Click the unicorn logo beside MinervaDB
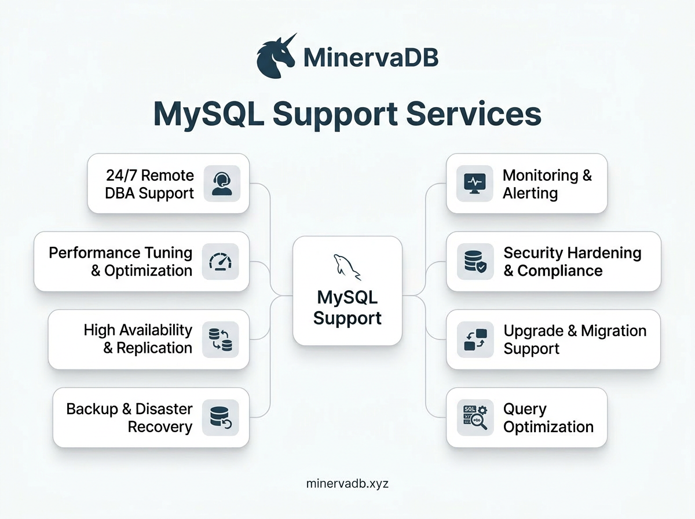[276, 56]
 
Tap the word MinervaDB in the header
[371, 58]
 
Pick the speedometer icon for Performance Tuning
[220, 262]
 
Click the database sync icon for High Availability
[220, 339]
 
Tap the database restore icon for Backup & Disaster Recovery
[220, 418]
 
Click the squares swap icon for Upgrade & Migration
[475, 339]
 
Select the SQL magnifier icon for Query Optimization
[475, 418]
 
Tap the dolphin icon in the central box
[346, 266]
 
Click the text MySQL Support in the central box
[348, 308]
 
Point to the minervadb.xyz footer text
[348, 484]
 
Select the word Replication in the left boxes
[154, 348]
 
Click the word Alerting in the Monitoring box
[530, 193]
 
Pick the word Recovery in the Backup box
[160, 427]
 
